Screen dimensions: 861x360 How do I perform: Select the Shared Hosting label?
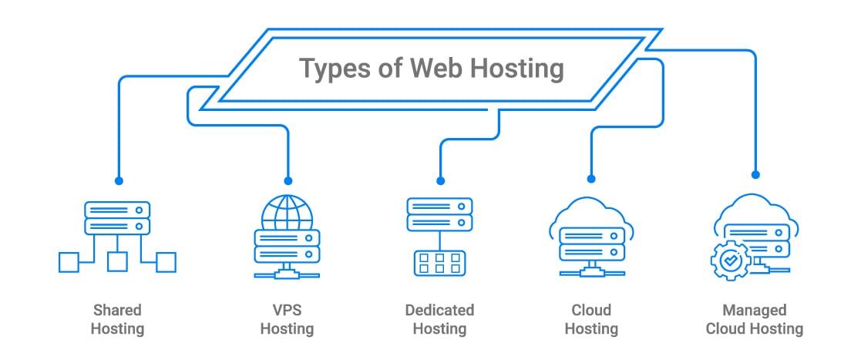pos(117,319)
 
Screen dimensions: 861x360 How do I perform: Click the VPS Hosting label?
pos(288,319)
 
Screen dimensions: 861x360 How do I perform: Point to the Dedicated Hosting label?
pos(440,319)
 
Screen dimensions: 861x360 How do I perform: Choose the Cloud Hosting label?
pos(591,319)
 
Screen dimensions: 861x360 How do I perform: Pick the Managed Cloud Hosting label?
pos(755,319)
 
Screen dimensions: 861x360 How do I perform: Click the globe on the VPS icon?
pos(288,213)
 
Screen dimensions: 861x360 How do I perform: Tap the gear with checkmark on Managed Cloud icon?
pos(730,261)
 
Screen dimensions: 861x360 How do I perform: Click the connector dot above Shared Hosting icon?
pos(119,180)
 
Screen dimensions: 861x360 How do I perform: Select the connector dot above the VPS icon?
pos(288,180)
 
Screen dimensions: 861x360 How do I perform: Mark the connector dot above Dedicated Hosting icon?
pos(440,180)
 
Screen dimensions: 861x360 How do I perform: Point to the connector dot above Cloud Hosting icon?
pos(591,178)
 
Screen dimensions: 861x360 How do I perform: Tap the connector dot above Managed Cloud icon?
pos(755,174)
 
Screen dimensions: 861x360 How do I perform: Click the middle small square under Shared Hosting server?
pos(117,262)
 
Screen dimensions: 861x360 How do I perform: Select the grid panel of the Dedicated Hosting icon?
pos(440,262)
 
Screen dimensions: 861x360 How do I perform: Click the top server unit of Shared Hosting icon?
pos(117,210)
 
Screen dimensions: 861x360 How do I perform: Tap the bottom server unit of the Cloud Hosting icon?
pos(591,252)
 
